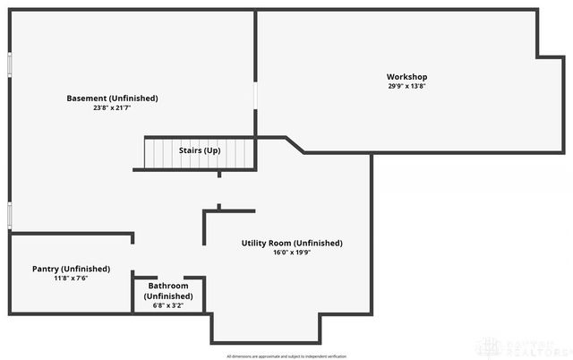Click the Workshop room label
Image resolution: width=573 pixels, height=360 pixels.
pos(406,77)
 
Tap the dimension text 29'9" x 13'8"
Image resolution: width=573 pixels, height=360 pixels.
pos(406,87)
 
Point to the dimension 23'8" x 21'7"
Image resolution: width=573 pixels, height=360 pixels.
pos(112,107)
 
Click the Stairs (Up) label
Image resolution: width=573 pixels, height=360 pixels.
pos(200,150)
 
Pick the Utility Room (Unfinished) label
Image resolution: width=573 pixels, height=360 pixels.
pos(292,243)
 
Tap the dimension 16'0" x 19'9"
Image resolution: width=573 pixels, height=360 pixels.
pos(292,253)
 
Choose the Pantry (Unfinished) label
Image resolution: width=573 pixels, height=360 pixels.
pos(71,269)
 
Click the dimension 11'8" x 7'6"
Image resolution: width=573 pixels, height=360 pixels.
pos(71,279)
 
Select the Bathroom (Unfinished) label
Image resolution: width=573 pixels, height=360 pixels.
pos(168,291)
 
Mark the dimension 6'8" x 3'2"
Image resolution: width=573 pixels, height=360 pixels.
pos(168,306)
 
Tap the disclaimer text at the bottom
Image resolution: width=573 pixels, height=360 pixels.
pos(286,356)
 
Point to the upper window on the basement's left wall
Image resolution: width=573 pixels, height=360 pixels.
pos(9,65)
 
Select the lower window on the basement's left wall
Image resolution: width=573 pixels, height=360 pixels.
pos(9,216)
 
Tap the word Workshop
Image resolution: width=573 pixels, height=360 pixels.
pos(406,77)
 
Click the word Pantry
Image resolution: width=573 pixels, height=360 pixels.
pos(46,269)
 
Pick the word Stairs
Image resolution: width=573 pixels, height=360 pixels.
pos(190,150)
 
